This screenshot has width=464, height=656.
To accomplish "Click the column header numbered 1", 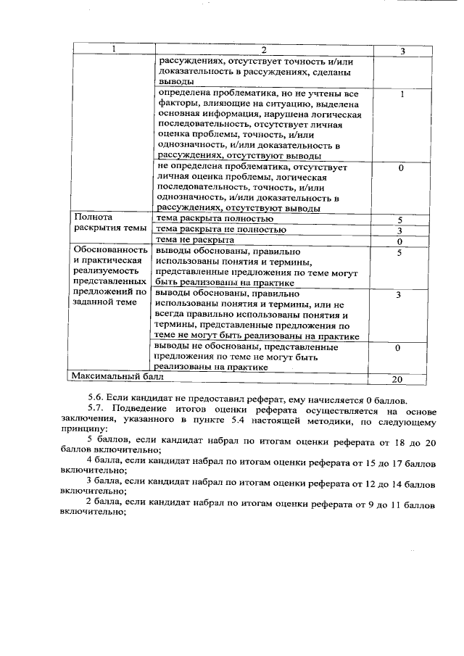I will pyautogui.click(x=112, y=50).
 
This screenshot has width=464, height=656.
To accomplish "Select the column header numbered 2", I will pyautogui.click(x=264, y=50).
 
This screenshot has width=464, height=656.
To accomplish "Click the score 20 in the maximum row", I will pyautogui.click(x=397, y=378).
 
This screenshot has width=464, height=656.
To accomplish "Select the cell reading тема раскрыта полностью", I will pyautogui.click(x=215, y=218).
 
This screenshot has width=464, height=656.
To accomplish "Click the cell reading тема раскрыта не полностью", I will pyautogui.click(x=221, y=229).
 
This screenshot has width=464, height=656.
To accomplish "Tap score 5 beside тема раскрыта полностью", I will pyautogui.click(x=399, y=219).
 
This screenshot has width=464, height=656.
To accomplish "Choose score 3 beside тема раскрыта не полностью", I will pyautogui.click(x=399, y=231).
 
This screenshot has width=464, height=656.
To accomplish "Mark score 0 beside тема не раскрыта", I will pyautogui.click(x=399, y=241).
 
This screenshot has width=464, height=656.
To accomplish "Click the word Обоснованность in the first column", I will pyautogui.click(x=111, y=251).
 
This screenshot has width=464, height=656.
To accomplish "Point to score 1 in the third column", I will pyautogui.click(x=402, y=95).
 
